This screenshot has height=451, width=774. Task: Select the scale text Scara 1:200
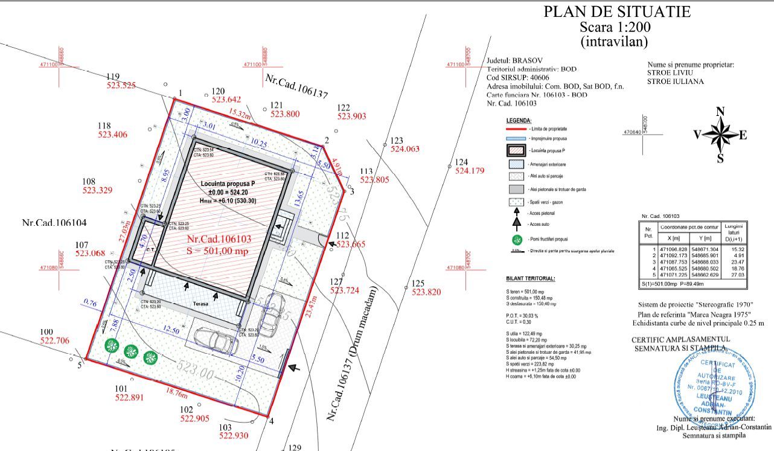(615, 27)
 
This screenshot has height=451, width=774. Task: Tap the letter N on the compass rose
(720, 112)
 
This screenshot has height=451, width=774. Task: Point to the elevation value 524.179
(470, 171)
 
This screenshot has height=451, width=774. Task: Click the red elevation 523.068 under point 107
(90, 254)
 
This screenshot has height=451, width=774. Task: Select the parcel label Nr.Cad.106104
(54, 223)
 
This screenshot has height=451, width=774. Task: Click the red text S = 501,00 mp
(217, 251)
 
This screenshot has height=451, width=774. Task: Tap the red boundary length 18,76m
(177, 394)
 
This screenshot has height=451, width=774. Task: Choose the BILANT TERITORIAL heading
(531, 279)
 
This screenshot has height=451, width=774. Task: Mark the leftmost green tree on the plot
(110, 346)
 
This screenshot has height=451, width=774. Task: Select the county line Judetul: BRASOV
(514, 61)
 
